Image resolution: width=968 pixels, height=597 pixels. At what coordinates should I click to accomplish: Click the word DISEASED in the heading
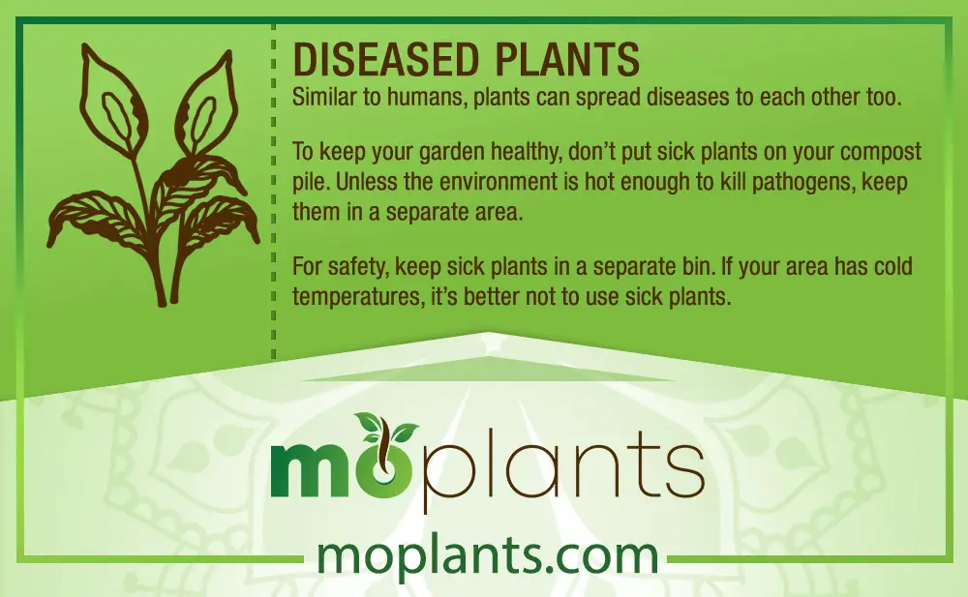point(386,59)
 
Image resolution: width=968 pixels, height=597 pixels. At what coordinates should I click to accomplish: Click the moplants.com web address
point(487,555)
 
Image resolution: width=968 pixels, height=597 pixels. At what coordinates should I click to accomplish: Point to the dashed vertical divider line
point(274,192)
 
